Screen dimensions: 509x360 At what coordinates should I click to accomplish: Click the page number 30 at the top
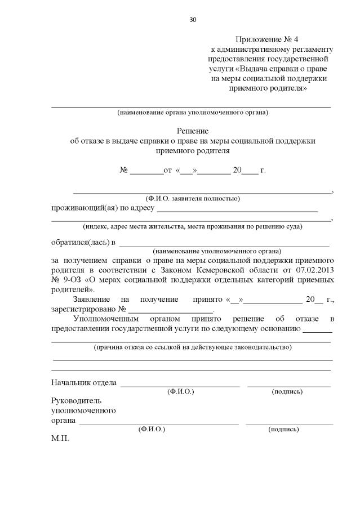coord(193,20)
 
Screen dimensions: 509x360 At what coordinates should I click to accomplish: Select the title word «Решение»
coord(192,130)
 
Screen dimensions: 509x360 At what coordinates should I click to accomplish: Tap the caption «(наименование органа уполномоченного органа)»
coord(192,112)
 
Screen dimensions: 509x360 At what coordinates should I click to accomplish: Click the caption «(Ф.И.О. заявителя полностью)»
coord(192,198)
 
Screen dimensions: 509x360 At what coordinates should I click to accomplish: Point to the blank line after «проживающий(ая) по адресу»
coord(237,211)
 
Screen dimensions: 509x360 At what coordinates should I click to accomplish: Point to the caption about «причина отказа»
coord(192,347)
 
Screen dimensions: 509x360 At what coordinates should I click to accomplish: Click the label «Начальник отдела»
coord(84,383)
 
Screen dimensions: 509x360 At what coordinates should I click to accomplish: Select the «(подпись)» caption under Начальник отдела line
coord(287,391)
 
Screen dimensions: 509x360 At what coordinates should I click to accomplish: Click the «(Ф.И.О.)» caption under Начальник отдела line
coord(180,391)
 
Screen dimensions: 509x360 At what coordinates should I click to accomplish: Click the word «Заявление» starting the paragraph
coord(92,300)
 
